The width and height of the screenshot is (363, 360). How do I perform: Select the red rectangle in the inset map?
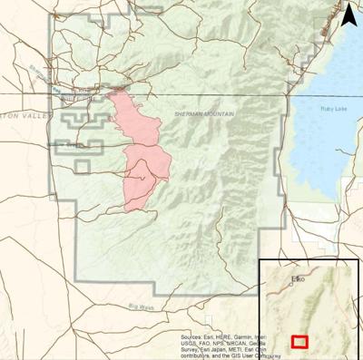click(x=299, y=342)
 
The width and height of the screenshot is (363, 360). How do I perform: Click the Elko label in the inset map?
click(x=297, y=279)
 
